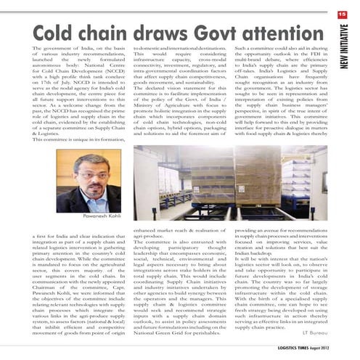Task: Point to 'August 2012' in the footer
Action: click(x=332, y=349)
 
